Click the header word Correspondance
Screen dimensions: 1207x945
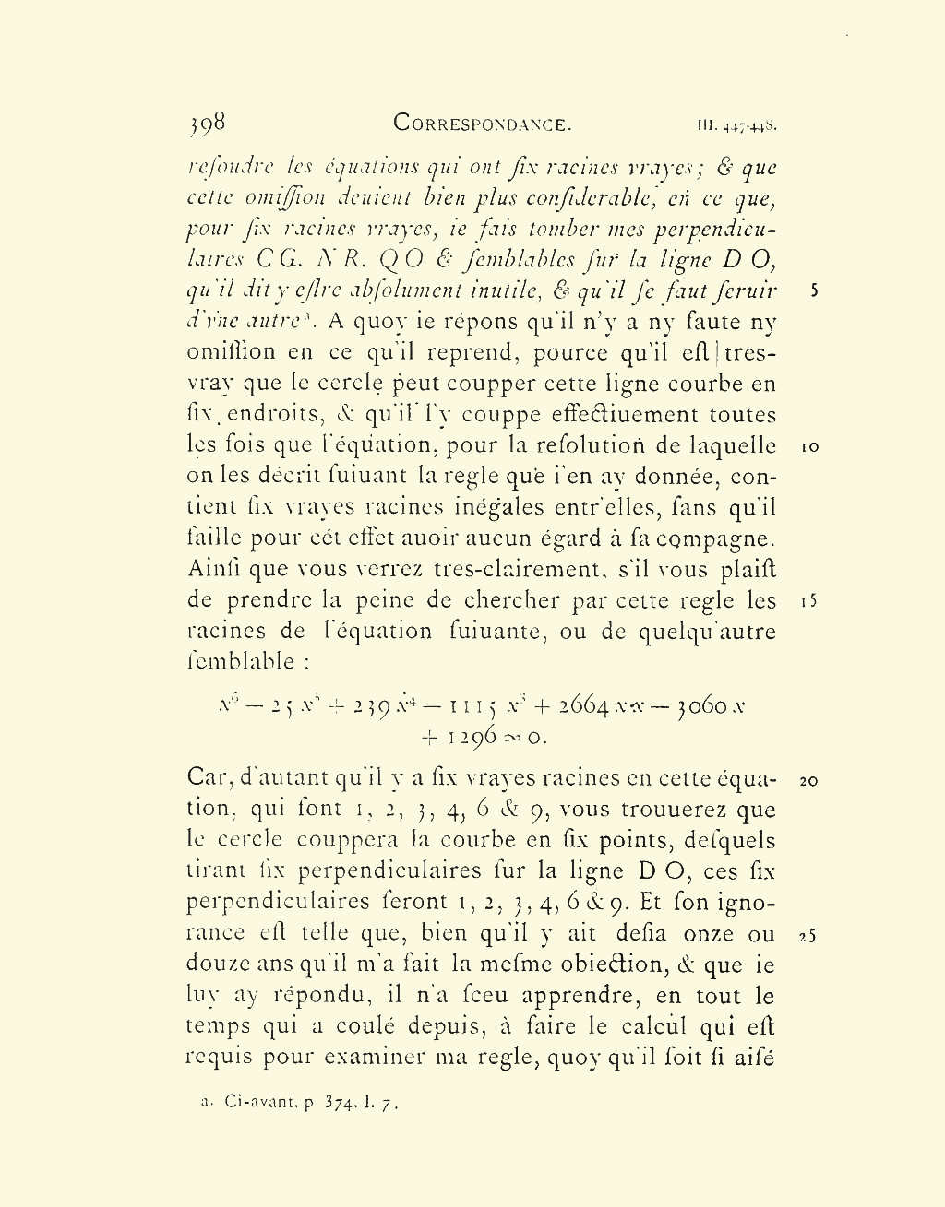483,124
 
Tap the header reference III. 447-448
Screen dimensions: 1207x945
736,124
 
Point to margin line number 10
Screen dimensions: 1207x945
809,447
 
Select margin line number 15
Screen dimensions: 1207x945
809,602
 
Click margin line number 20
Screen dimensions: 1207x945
809,781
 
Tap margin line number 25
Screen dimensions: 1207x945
809,936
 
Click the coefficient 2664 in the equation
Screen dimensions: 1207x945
582,706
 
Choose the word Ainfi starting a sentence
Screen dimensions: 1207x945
213,570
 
